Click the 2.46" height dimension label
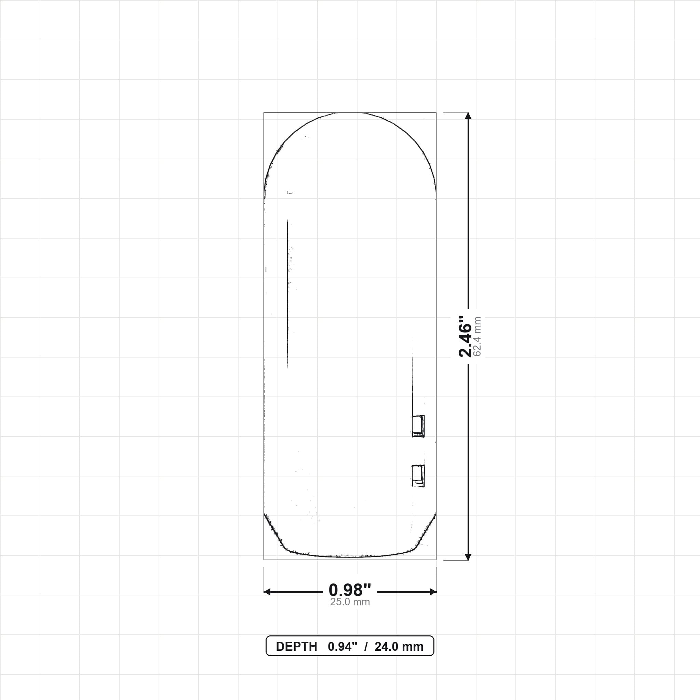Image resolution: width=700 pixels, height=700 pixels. pyautogui.click(x=465, y=337)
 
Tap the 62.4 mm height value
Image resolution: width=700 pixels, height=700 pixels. pyautogui.click(x=477, y=337)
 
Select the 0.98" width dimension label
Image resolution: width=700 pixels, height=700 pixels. pyautogui.click(x=350, y=590)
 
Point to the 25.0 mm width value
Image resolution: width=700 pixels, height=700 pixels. pyautogui.click(x=350, y=602)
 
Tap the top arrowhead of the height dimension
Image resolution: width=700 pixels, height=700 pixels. pyautogui.click(x=468, y=116)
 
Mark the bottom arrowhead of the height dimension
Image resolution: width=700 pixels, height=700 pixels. pyautogui.click(x=468, y=557)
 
